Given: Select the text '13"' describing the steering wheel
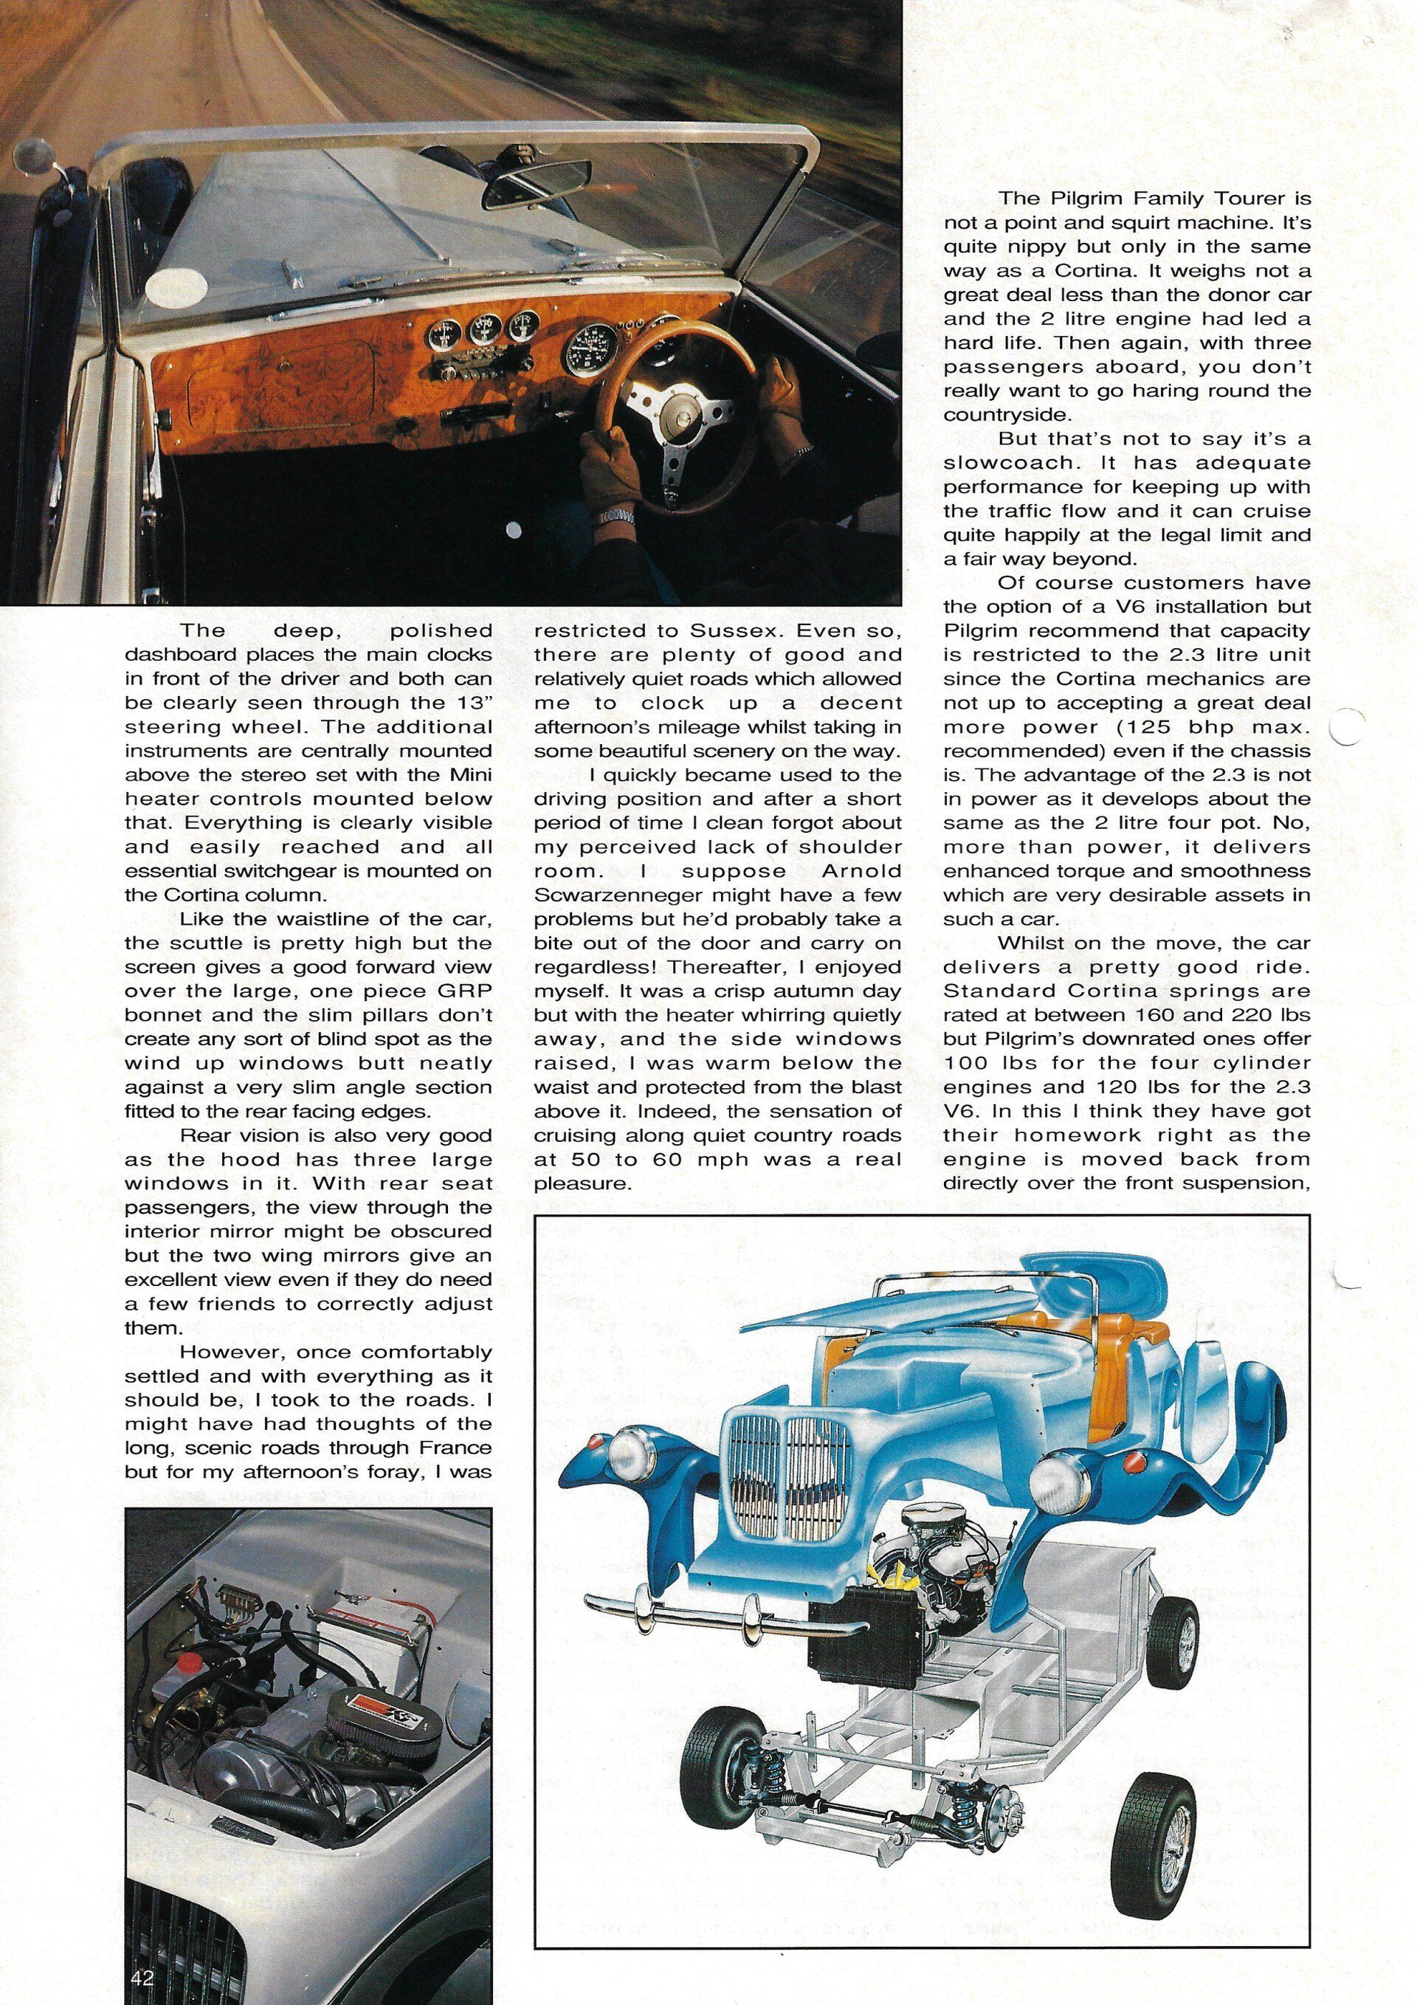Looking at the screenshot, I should point(472,702).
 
